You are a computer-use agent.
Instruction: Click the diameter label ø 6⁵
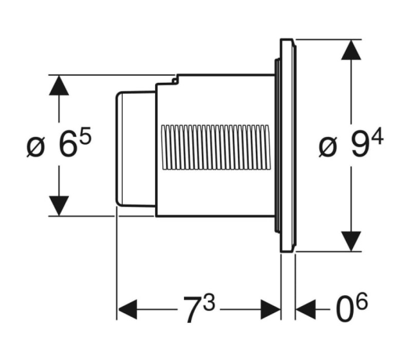pos(59,142)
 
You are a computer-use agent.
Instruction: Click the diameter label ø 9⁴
pos(351,144)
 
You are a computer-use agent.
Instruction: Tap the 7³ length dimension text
pos(199,309)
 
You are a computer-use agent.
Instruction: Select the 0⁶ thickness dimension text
pos(352,308)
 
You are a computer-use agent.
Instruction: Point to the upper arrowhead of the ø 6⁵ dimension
pos(59,85)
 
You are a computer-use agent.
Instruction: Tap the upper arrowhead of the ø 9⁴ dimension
pos(351,50)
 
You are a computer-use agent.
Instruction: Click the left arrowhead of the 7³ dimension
pos(127,310)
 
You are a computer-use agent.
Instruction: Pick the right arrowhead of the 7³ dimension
pos(271,310)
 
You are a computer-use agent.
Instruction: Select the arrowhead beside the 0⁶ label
pos(306,310)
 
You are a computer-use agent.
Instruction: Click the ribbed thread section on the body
pos(216,147)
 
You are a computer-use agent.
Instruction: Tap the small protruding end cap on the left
pos(136,149)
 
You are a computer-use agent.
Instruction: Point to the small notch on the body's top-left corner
pos(175,80)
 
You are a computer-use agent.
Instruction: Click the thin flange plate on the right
pos(288,146)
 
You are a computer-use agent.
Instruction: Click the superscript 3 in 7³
pos(209,302)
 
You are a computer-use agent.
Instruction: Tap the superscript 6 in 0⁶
pos(362,301)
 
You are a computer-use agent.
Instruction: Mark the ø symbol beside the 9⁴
pos(328,148)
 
